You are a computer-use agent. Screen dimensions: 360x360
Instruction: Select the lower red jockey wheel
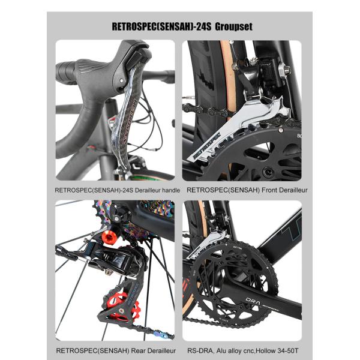pyautogui.click(x=124, y=306)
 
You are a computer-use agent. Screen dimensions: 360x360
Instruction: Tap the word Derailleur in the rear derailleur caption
pyautogui.click(x=157, y=350)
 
